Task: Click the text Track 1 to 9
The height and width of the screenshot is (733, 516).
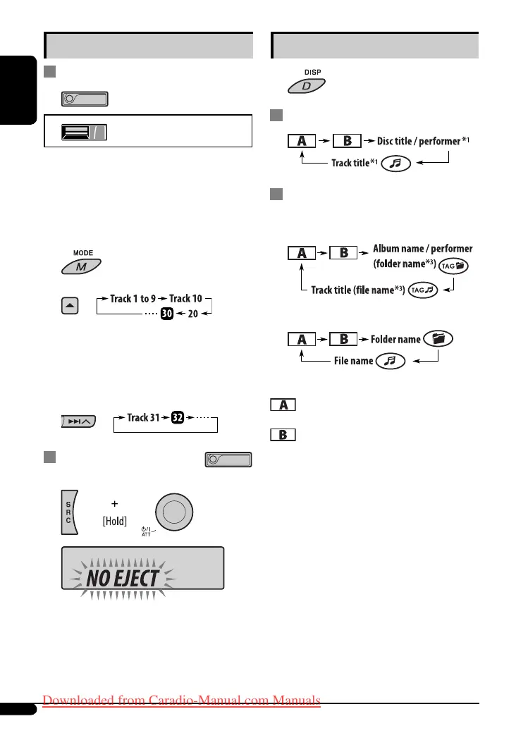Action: coord(133,299)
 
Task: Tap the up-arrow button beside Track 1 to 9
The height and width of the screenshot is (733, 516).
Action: coord(69,304)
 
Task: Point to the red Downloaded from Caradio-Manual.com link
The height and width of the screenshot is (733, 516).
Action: coord(182,701)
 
